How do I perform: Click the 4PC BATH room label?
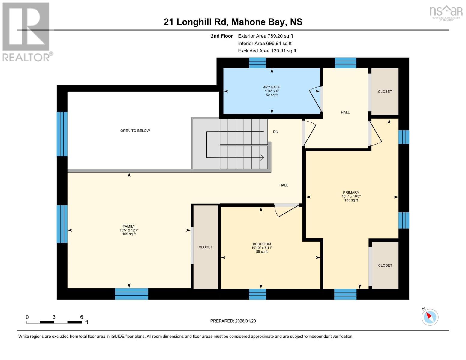(x=272, y=91)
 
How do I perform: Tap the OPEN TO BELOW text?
(x=135, y=130)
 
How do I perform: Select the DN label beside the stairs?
(x=275, y=132)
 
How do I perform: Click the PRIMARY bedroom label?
(x=351, y=196)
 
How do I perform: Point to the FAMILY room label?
(x=129, y=230)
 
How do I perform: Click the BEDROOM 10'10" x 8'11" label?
(x=262, y=247)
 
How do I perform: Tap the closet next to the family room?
(x=206, y=247)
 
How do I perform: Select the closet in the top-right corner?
(x=385, y=91)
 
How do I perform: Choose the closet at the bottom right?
(x=385, y=265)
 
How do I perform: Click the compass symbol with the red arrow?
(x=430, y=317)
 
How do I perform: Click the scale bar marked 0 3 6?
(x=54, y=322)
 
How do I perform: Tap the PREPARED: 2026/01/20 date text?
(x=233, y=321)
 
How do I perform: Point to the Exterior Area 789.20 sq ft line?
(x=265, y=36)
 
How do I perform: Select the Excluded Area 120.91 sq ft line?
(x=267, y=51)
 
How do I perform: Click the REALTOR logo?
(x=26, y=31)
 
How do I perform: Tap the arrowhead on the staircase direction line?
(x=262, y=157)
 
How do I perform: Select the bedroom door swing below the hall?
(x=287, y=210)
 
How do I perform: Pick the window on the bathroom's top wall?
(x=257, y=63)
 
